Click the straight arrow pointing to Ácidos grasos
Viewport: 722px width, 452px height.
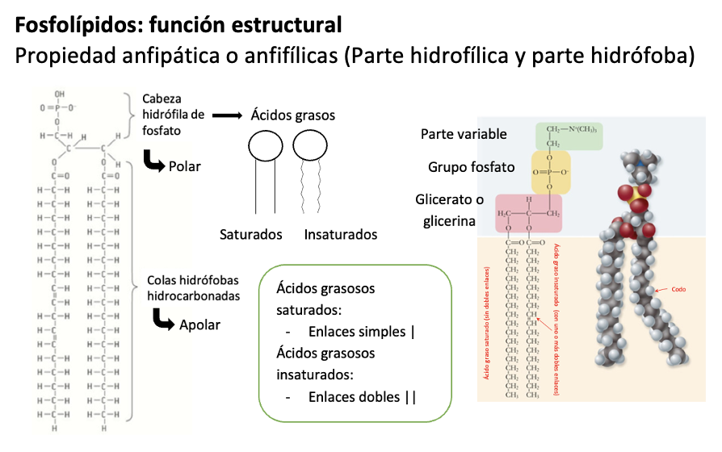(227, 116)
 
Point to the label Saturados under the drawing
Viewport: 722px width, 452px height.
(250, 235)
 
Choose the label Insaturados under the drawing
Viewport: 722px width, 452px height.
(341, 235)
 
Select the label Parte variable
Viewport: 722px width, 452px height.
(464, 134)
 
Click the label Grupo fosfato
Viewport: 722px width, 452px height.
(471, 167)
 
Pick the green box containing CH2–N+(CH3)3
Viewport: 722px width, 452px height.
(569, 136)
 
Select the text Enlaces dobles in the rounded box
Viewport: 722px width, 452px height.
(355, 396)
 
